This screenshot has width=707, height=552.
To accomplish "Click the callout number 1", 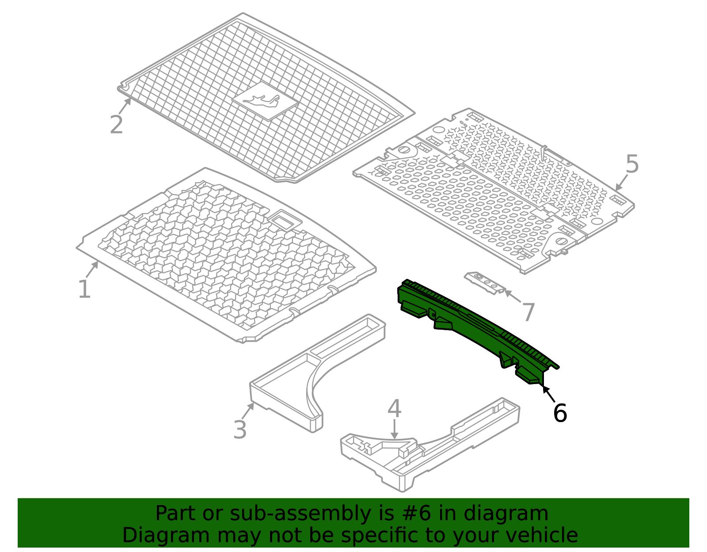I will (x=84, y=290).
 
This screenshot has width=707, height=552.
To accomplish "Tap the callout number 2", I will (x=116, y=125).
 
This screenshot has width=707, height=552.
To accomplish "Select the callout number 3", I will (x=239, y=430).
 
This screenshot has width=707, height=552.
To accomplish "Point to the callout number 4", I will (x=394, y=409).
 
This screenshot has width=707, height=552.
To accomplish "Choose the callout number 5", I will (x=632, y=164).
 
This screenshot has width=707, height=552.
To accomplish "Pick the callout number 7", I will (x=528, y=312).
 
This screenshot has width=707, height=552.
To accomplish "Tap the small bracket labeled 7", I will (x=485, y=282).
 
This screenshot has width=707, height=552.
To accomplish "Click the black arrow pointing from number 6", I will (x=549, y=394).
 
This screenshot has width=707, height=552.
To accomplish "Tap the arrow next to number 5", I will (x=621, y=183).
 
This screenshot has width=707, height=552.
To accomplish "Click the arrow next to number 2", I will (x=125, y=107).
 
